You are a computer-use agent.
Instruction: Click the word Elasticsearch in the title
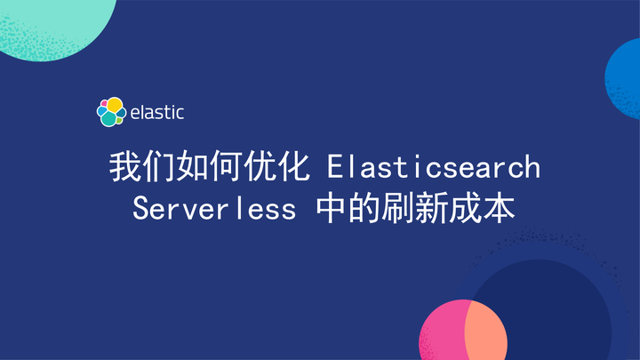(434, 167)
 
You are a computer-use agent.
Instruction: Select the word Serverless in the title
(213, 210)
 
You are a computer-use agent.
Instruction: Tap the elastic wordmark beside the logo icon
(156, 113)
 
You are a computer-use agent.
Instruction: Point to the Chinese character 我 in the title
(125, 167)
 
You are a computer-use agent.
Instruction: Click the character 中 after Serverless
(332, 210)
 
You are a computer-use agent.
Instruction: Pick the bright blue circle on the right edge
(626, 78)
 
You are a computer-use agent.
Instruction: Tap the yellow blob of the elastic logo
(115, 105)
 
